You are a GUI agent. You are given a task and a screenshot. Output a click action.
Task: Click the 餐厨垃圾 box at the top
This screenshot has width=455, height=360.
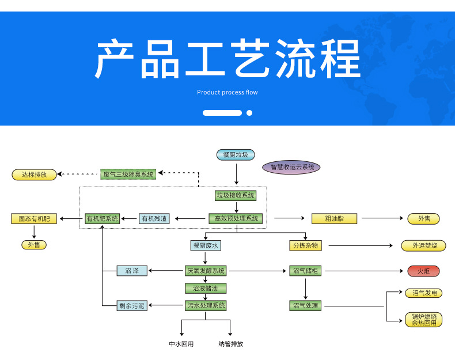point(236,155)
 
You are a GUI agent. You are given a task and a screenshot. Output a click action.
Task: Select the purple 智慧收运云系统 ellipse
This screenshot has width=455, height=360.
point(291,167)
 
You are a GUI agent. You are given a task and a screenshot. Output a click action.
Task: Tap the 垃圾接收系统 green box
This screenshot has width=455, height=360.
point(236,195)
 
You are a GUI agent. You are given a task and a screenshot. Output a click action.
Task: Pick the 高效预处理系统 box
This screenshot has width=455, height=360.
point(236,218)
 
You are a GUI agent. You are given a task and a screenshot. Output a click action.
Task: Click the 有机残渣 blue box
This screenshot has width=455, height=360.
point(154,218)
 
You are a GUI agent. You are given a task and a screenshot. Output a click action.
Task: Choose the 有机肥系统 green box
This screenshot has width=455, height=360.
point(102,218)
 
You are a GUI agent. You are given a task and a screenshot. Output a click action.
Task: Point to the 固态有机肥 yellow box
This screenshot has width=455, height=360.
point(34,218)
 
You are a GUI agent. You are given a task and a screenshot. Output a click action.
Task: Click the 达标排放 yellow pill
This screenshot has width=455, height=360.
point(34,175)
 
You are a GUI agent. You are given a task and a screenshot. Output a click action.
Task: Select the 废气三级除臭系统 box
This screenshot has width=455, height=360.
point(128,175)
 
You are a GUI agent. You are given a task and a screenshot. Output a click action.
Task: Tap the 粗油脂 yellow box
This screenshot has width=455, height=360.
point(334,218)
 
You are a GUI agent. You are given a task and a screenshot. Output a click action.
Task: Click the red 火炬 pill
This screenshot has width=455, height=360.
point(424,271)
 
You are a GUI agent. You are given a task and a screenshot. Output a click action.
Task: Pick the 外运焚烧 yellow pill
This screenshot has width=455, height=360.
point(424,246)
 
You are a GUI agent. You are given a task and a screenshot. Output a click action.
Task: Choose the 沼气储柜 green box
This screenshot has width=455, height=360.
point(305,271)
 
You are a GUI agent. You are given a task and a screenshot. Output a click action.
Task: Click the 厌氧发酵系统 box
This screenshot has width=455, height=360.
point(206,271)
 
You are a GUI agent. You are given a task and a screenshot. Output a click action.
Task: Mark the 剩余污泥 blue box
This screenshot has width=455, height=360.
point(132,305)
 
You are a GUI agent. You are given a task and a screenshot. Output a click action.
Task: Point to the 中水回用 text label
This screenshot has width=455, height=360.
point(181,344)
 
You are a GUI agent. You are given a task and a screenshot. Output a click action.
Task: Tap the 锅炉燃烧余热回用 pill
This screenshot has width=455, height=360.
point(424,320)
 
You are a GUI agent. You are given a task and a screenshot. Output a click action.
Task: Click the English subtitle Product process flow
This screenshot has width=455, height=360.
point(227,92)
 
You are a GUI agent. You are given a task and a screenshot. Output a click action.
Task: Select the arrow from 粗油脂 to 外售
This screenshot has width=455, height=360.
point(382,218)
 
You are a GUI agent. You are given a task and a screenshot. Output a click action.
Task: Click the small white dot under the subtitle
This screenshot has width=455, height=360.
point(249,113)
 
